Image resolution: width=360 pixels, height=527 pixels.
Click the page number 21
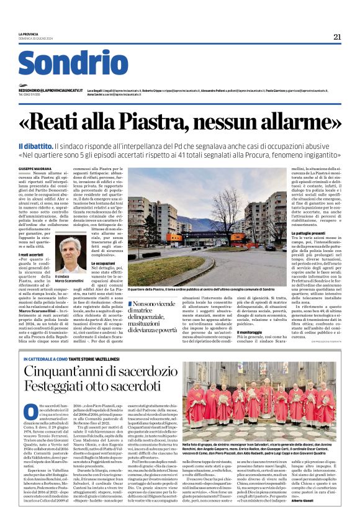[337, 37]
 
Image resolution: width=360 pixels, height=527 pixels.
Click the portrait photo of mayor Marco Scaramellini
[70, 253]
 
